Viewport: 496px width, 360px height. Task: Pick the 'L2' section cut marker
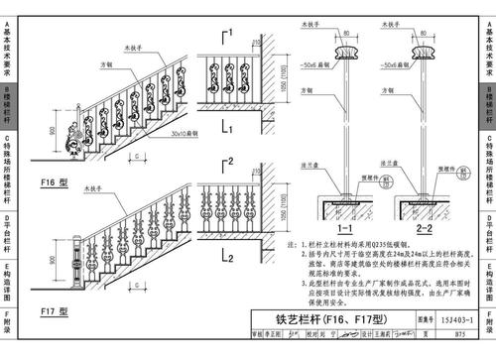click(227, 258)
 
